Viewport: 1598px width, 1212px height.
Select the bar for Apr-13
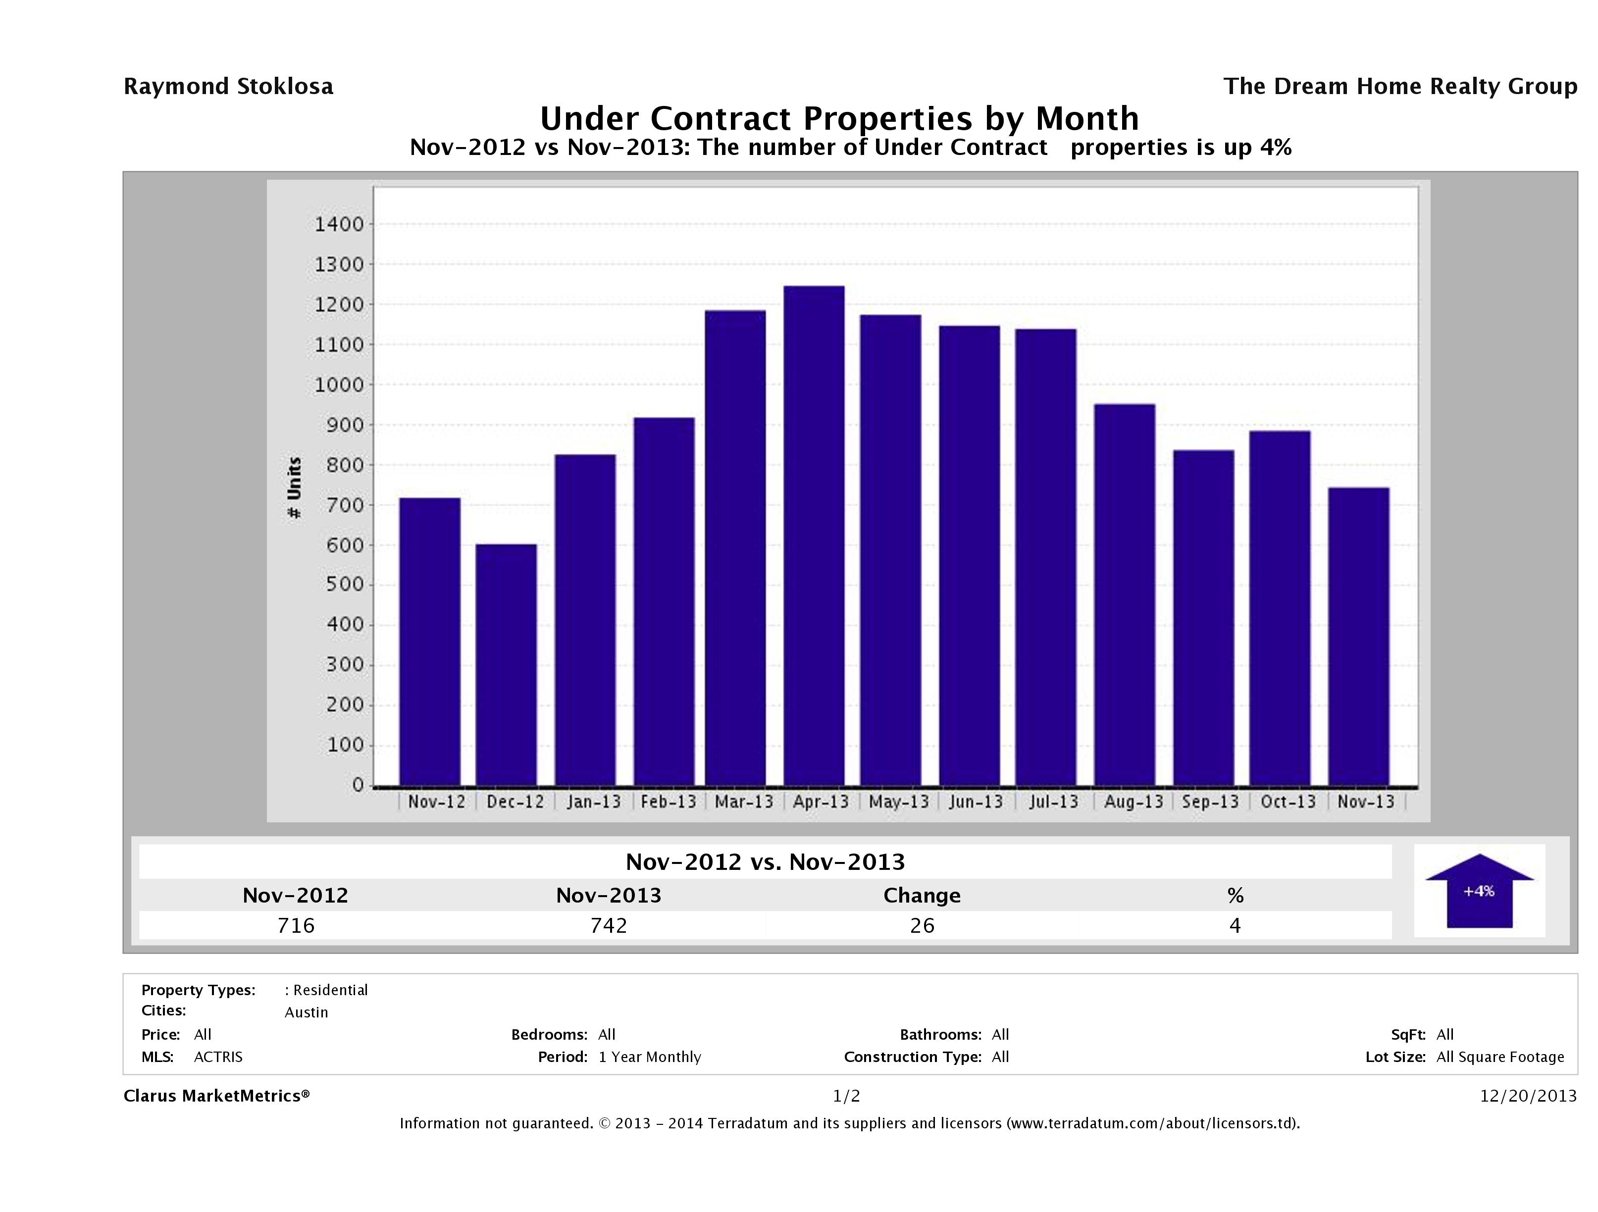point(814,535)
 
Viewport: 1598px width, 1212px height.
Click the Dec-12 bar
point(506,664)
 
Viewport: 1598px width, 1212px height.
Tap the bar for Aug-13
point(1124,595)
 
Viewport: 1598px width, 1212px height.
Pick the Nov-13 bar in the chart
point(1358,636)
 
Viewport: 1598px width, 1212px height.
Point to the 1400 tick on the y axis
point(339,225)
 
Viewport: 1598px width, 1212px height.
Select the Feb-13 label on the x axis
point(668,802)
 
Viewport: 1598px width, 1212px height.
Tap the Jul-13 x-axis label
point(1053,802)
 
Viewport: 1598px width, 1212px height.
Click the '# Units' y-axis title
point(294,488)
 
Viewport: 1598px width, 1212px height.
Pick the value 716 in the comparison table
point(296,925)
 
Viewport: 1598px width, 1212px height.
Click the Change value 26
point(922,925)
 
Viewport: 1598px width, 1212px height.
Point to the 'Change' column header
point(922,896)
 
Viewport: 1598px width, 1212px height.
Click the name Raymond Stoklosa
point(228,87)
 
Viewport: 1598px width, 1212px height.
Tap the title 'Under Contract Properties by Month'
point(839,118)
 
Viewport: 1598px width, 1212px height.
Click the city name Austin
point(307,1012)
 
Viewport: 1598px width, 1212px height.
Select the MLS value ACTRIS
point(218,1057)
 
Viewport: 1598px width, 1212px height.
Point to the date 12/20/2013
point(1528,1096)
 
